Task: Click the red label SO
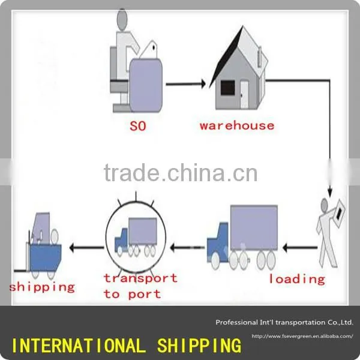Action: [x=138, y=126]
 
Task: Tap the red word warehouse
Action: [x=237, y=125]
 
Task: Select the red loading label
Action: [x=297, y=279]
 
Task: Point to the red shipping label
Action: [x=42, y=287]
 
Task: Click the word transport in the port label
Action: [x=140, y=278]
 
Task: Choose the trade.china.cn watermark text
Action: [x=181, y=172]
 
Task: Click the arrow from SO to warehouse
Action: [x=186, y=84]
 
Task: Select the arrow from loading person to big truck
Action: [x=300, y=248]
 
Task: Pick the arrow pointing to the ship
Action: [x=86, y=248]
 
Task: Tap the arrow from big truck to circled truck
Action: [x=187, y=248]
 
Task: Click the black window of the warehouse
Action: [x=227, y=88]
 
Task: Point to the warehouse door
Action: [x=244, y=94]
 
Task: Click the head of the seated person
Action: [x=122, y=20]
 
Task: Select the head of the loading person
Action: [x=324, y=205]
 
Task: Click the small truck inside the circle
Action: [x=136, y=237]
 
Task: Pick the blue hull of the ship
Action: [x=46, y=258]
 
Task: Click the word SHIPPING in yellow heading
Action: [x=199, y=346]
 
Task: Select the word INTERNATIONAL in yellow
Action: [x=79, y=346]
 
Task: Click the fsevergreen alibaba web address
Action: [x=302, y=337]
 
